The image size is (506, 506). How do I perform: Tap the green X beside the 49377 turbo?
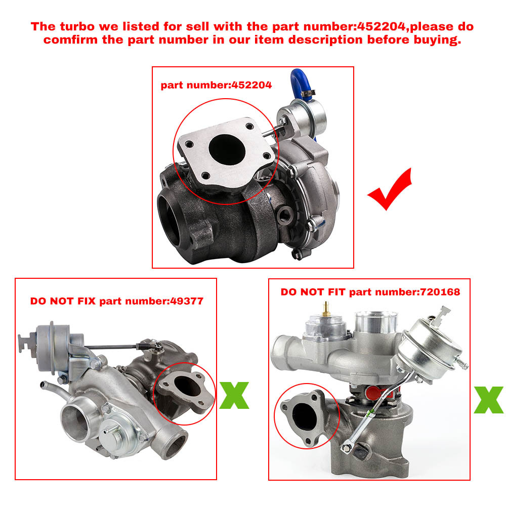point(234,396)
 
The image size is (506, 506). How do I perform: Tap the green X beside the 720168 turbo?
point(488,400)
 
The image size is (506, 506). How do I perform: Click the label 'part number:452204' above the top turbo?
point(216,85)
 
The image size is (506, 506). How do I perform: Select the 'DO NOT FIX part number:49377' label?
point(116,301)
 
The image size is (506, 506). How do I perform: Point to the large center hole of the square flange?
point(226,147)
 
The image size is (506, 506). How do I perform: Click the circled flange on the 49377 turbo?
point(182,390)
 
